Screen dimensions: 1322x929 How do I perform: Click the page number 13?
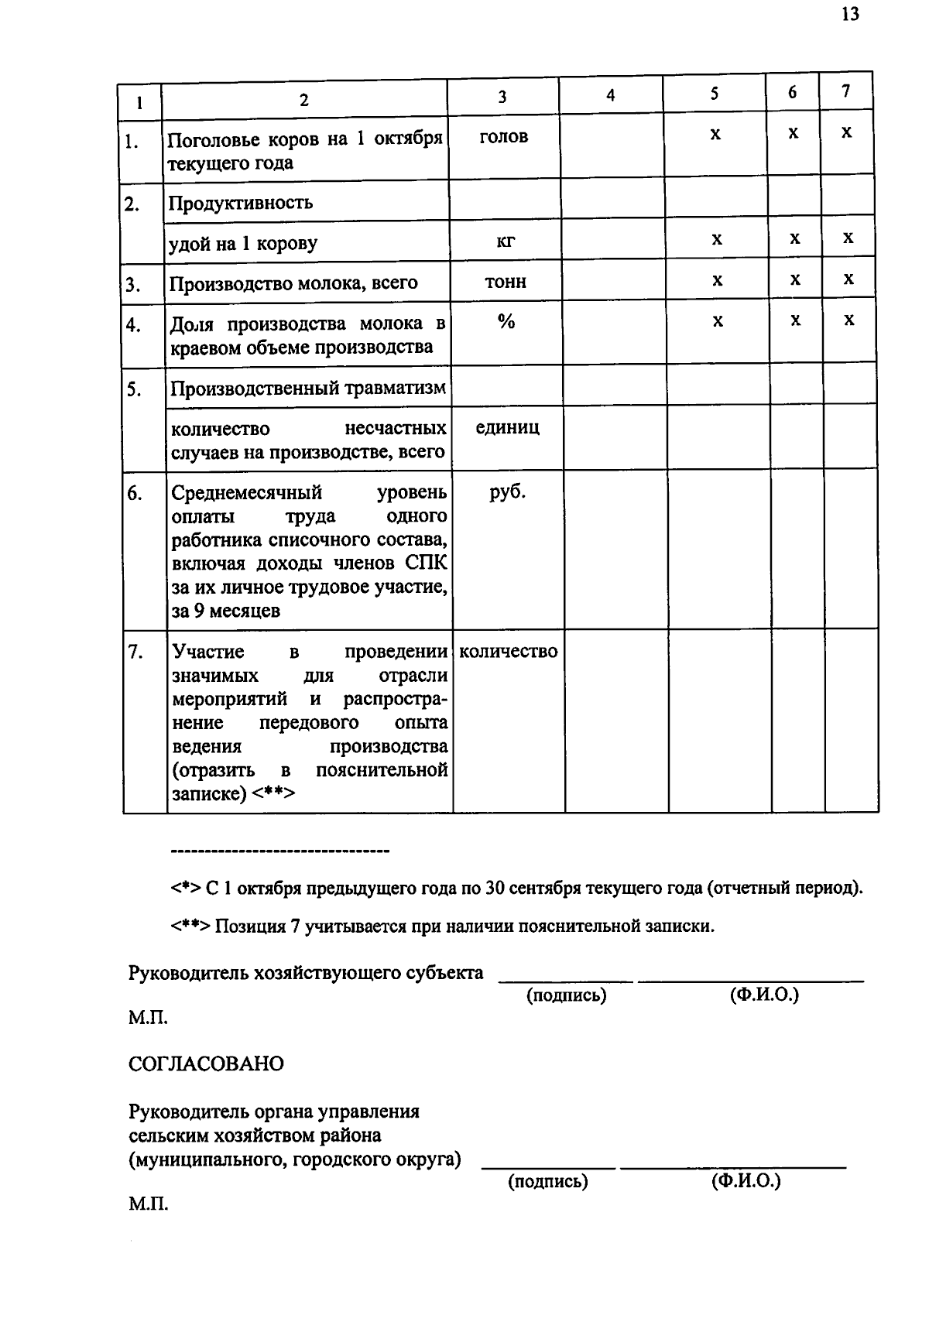pos(849,15)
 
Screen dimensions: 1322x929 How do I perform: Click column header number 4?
pos(611,96)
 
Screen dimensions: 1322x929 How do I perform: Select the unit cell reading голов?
pos(504,137)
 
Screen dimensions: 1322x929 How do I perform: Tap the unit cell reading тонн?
pos(506,282)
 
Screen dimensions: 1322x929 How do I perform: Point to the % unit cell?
pos(506,322)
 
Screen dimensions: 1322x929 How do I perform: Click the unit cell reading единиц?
pos(507,428)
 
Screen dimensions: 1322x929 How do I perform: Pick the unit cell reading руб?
pos(507,492)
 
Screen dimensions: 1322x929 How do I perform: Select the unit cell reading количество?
pos(508,652)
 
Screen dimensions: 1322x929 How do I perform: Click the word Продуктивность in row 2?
pos(241,204)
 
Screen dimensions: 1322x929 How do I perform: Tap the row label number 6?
pos(135,493)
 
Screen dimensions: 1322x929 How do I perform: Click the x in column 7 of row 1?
pos(846,133)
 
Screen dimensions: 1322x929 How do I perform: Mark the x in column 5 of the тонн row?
pos(718,280)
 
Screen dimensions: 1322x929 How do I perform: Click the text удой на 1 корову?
pos(243,244)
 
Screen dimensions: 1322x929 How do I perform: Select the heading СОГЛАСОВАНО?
pos(206,1064)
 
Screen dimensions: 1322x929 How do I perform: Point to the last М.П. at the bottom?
pos(148,1204)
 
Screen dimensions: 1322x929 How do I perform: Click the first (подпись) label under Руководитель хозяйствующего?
pos(566,995)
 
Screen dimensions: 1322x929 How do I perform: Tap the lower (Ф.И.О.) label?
pos(746,1181)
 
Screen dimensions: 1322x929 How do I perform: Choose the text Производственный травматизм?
pos(308,389)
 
